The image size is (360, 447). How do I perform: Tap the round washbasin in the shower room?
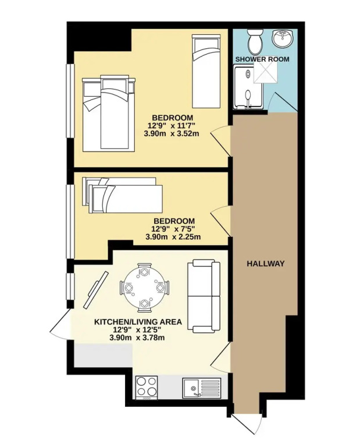(x=281, y=38)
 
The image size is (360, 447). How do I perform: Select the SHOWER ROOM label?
(x=262, y=59)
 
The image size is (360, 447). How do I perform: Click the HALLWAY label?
(x=265, y=264)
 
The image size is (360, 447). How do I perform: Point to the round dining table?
(x=144, y=288)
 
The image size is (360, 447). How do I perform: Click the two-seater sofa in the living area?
(x=204, y=296)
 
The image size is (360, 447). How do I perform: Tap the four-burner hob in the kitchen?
(x=147, y=388)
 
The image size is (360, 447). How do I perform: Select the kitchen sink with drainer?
(x=202, y=388)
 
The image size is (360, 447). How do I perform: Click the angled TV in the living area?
(x=96, y=290)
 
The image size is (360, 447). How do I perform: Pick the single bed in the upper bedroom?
(x=206, y=71)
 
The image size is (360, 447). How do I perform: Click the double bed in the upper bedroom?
(x=109, y=113)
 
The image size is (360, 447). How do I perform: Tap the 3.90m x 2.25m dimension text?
(x=173, y=237)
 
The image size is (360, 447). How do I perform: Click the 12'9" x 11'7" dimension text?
(x=171, y=126)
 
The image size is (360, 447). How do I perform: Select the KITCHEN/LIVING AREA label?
(x=138, y=322)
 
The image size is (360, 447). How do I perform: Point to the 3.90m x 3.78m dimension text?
(x=137, y=338)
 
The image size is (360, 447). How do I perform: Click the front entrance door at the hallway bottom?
(x=247, y=424)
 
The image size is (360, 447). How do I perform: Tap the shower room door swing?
(x=283, y=102)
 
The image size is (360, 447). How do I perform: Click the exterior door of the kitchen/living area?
(x=60, y=324)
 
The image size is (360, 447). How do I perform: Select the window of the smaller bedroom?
(x=70, y=222)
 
